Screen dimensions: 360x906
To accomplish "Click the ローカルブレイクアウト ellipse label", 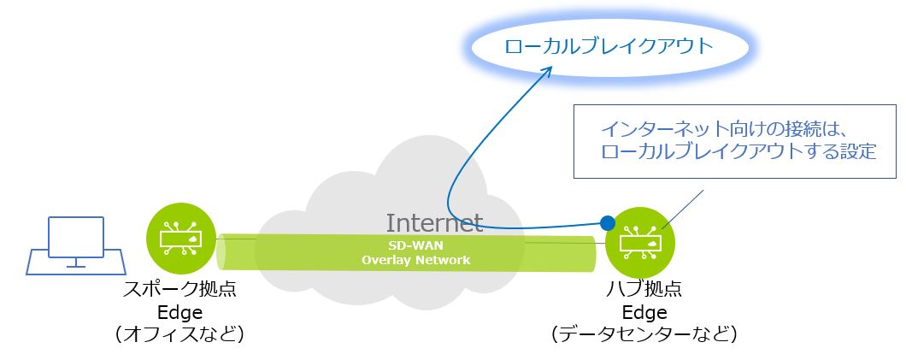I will click(x=608, y=46).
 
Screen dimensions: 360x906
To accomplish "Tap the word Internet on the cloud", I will click(x=434, y=223).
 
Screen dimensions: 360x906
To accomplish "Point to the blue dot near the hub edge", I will click(x=607, y=223).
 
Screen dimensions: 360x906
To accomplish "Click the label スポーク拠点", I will click(x=180, y=290).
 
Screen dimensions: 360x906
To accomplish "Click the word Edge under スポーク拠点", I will click(x=180, y=312).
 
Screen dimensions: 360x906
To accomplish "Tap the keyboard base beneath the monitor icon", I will click(x=75, y=261).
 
